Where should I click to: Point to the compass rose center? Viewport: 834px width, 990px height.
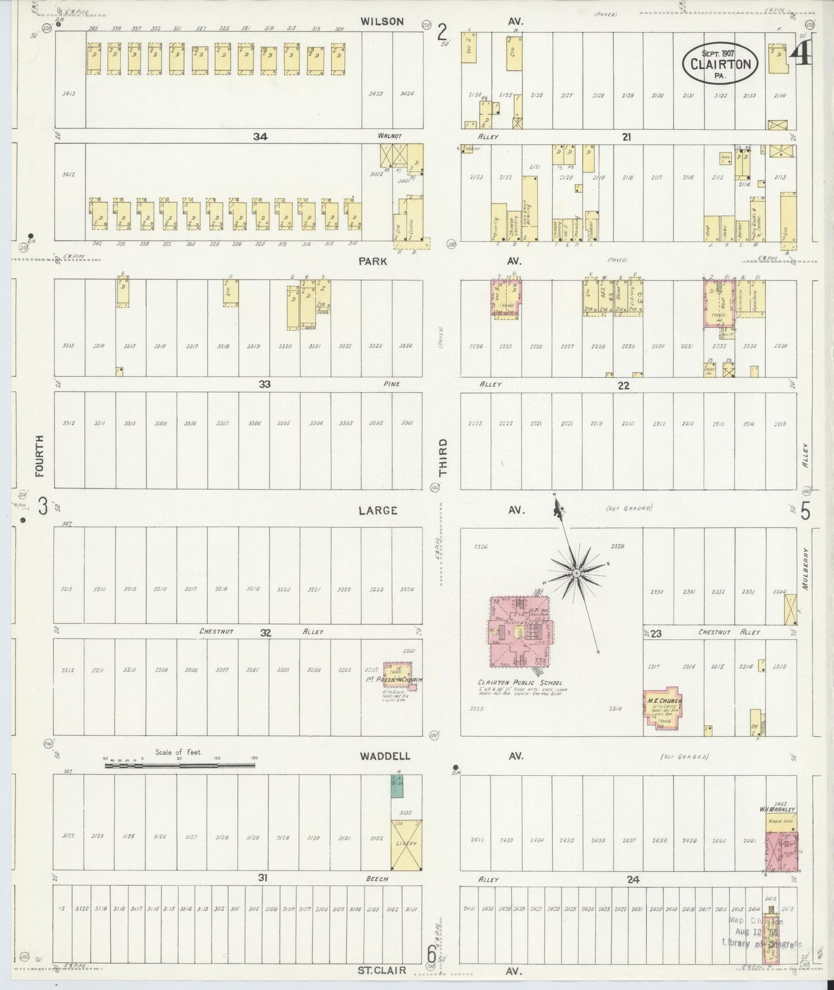576,573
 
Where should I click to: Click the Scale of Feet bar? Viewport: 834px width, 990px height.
179,766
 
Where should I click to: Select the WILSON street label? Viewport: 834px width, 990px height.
382,21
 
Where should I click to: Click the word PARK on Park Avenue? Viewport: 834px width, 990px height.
372,261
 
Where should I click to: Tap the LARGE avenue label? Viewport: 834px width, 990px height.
377,511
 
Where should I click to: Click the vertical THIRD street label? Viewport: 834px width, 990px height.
443,465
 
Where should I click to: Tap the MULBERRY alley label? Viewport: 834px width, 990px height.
806,568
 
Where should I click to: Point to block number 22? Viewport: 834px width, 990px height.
623,385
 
